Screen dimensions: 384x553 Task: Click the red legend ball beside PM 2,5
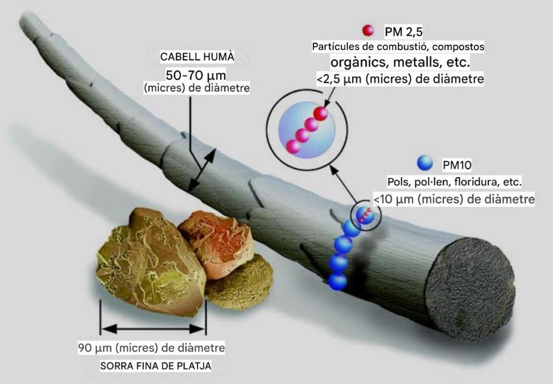click(368, 30)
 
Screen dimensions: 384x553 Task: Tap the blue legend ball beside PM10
click(424, 163)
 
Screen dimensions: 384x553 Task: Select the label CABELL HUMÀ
click(197, 57)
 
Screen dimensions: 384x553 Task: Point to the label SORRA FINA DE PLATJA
click(156, 366)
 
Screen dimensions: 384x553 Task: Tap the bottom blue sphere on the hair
click(338, 281)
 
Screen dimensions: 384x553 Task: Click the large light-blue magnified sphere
click(306, 130)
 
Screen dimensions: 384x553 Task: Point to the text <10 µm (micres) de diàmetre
click(453, 199)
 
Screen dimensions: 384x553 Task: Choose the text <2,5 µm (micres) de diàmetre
click(400, 79)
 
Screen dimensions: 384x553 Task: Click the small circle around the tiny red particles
click(365, 214)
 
